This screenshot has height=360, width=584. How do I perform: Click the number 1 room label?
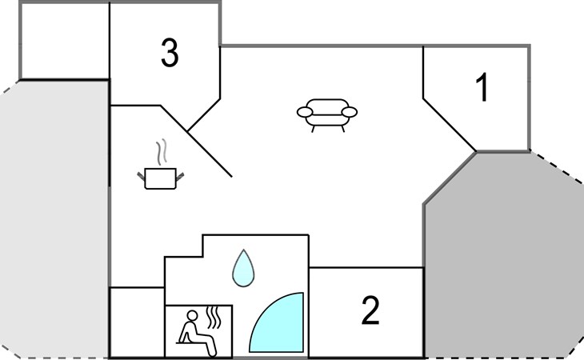coord(482,87)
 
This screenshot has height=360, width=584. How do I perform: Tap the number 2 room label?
coord(370,310)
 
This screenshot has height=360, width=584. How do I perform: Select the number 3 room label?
coord(170,53)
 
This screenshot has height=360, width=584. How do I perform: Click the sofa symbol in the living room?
coord(327,115)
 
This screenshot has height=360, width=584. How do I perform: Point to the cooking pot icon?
coord(161,178)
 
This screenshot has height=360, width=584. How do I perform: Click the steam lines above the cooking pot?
coord(162,152)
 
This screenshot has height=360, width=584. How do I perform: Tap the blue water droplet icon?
coord(243,268)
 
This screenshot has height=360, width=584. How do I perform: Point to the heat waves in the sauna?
coord(214,318)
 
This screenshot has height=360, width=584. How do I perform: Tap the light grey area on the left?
coord(54,220)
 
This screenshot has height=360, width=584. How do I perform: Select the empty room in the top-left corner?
coord(65,41)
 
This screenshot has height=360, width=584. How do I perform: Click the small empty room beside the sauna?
coord(137,322)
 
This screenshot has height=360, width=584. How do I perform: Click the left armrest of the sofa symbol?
coord(305,112)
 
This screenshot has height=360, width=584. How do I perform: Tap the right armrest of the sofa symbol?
coord(350,112)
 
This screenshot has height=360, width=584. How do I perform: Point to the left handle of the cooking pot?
coord(141,176)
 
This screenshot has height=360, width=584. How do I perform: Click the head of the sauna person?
coord(192,316)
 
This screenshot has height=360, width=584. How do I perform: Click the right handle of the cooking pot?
coord(180,177)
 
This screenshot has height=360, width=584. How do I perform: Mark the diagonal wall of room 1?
coord(450,125)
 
